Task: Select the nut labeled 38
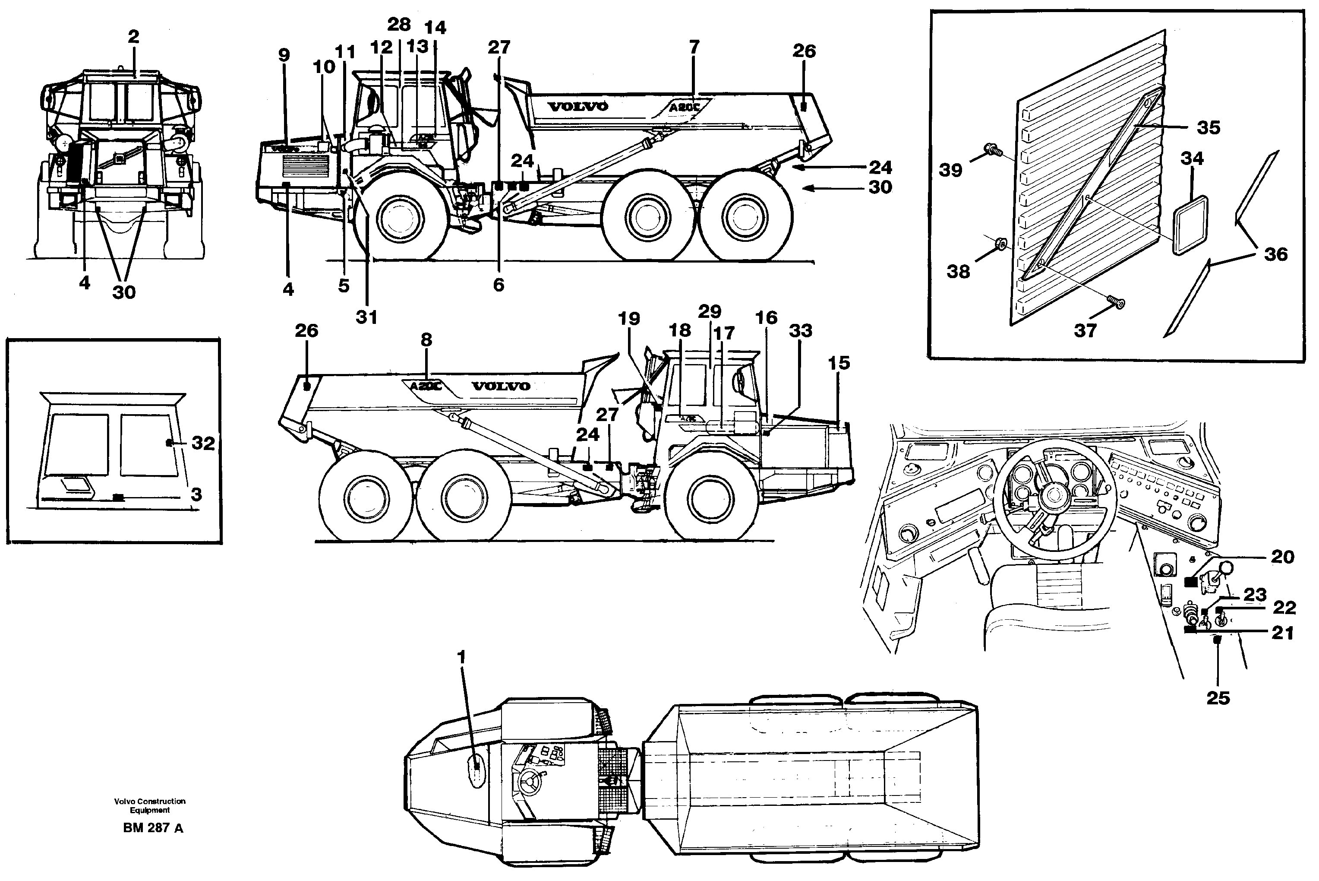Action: coord(1000,244)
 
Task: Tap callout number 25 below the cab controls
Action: coord(1218,698)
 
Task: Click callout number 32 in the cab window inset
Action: coord(203,444)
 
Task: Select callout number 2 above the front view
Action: coord(133,37)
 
